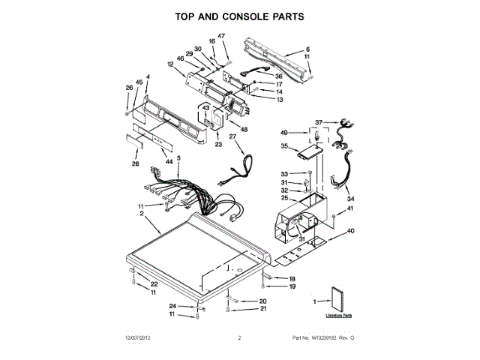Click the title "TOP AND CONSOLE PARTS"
pyautogui.click(x=240, y=16)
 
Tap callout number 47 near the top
pyautogui.click(x=221, y=36)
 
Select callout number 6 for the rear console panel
pyautogui.click(x=307, y=49)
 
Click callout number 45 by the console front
pyautogui.click(x=139, y=82)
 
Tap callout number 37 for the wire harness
pyautogui.click(x=318, y=122)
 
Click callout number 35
pyautogui.click(x=284, y=146)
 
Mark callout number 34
pyautogui.click(x=350, y=199)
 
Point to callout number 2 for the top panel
pyautogui.click(x=142, y=214)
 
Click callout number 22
pyautogui.click(x=154, y=283)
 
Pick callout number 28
pyautogui.click(x=136, y=163)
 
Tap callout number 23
pyautogui.click(x=218, y=145)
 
